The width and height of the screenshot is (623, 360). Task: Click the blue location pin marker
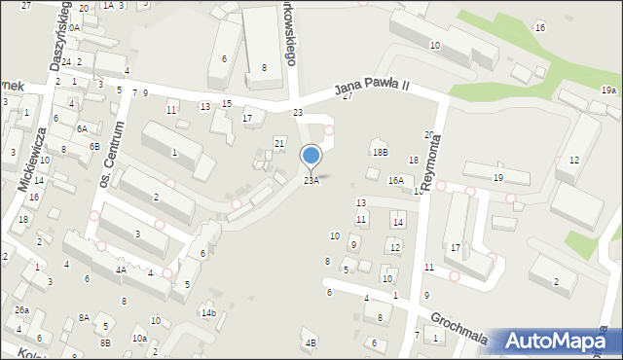click(311, 157)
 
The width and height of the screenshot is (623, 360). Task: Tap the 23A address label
click(311, 180)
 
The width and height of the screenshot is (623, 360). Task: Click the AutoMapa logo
click(562, 342)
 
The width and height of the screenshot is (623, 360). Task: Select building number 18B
click(380, 152)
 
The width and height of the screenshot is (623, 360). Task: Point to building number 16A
click(395, 180)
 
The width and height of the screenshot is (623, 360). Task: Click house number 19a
click(608, 90)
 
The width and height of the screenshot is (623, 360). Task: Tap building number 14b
click(208, 312)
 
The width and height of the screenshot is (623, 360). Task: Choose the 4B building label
click(311, 342)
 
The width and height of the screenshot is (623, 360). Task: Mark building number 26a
click(20, 309)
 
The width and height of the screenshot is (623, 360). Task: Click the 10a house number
click(139, 338)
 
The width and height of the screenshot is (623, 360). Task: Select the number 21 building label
click(279, 143)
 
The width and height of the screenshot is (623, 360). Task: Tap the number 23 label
click(298, 113)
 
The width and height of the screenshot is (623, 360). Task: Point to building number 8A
click(85, 317)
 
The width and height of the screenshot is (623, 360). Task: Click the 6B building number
click(94, 146)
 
